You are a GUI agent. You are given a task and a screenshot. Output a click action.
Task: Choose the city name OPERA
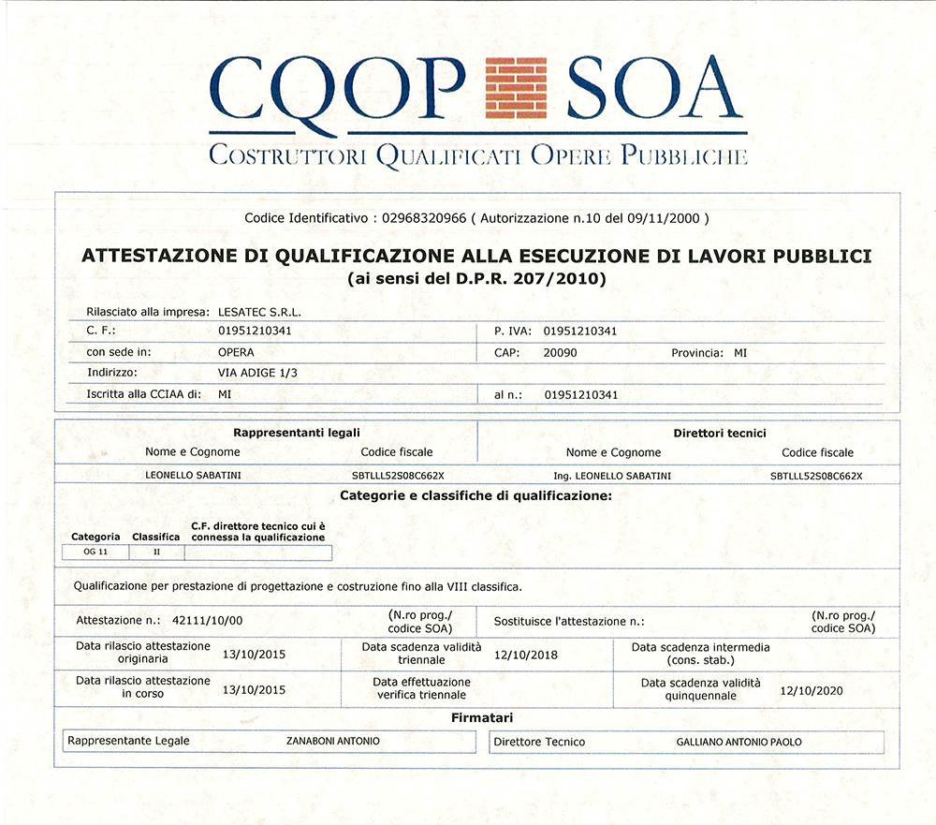(x=235, y=353)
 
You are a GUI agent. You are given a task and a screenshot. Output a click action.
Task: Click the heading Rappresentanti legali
(x=296, y=433)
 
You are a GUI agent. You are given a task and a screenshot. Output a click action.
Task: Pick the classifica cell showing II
(x=156, y=552)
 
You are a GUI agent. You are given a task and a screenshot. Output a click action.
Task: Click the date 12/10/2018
(x=525, y=655)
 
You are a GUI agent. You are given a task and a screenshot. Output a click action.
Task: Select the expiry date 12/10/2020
(x=812, y=690)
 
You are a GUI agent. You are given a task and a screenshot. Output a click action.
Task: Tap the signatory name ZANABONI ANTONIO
(x=333, y=742)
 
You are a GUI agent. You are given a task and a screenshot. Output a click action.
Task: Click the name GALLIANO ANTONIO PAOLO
(x=739, y=742)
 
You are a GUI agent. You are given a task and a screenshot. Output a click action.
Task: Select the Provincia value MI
(x=740, y=353)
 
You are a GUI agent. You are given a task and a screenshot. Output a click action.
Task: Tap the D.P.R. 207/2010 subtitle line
(x=476, y=278)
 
